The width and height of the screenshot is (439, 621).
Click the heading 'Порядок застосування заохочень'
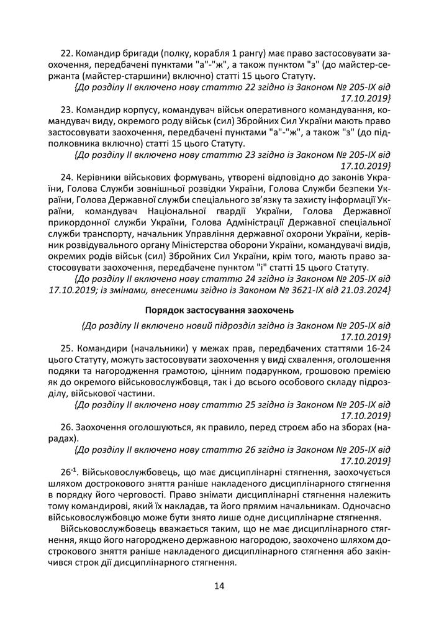click(219, 310)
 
